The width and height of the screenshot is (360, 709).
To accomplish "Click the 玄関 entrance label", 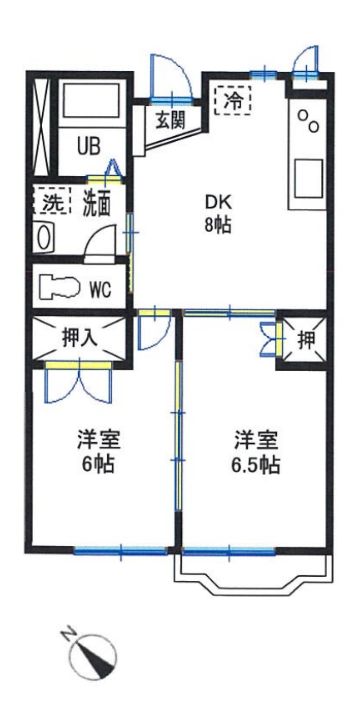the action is point(171,120).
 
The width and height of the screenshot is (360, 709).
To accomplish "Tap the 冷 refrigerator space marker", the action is point(232,100).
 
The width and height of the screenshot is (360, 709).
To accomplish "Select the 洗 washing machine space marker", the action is point(52,201).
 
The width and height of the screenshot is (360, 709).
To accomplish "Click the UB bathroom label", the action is point(89,147).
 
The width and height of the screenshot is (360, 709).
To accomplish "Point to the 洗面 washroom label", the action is point(96,205).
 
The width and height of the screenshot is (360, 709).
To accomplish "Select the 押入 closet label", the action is point(79,337).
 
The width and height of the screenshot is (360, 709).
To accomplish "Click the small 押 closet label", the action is point(306,340).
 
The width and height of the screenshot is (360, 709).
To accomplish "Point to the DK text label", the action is point(219,203).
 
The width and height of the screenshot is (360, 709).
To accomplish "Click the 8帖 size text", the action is point(218,225).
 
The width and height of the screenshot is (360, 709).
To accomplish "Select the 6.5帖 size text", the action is point(256,464).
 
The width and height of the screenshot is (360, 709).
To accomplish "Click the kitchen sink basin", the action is point(308,179).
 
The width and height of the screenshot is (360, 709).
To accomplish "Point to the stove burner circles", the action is point(308,121).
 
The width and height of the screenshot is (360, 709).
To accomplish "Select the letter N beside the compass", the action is point(69,632).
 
